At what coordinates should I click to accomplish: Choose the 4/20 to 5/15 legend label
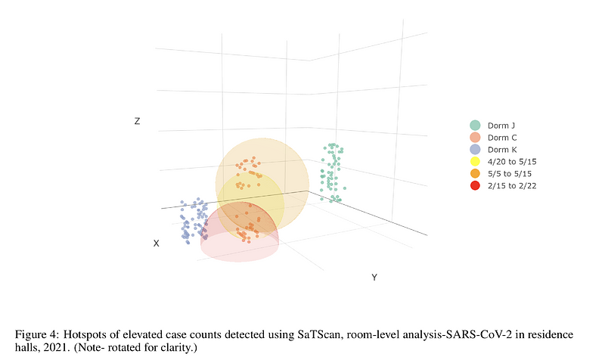coord(512,162)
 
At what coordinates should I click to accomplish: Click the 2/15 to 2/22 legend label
coord(512,186)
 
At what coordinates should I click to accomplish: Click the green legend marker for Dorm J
coord(475,126)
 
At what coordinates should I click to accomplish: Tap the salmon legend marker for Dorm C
coord(475,138)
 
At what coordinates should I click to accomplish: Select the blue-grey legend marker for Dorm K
coord(475,150)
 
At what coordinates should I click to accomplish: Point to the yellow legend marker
coord(475,162)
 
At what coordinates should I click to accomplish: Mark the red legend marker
coord(475,186)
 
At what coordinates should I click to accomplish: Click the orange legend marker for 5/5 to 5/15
coord(475,174)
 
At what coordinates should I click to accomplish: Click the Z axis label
coord(137,121)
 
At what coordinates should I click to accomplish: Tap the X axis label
coord(157,244)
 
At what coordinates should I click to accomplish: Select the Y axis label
coord(374,278)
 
